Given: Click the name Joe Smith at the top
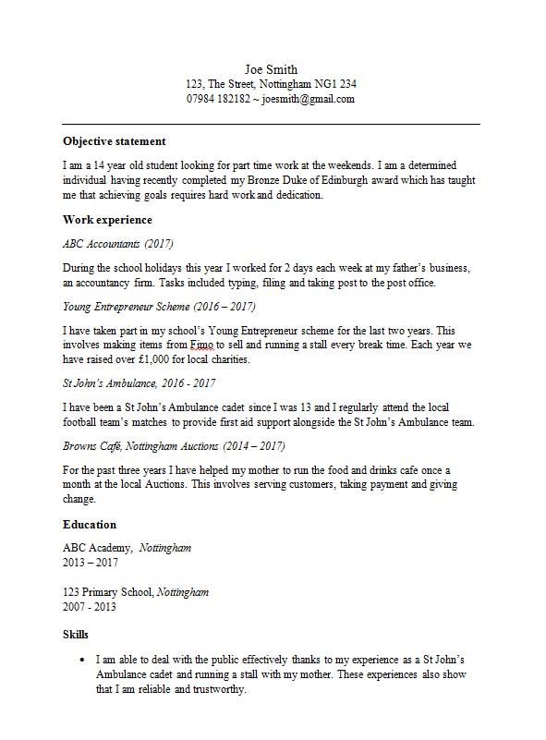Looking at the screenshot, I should [271, 69].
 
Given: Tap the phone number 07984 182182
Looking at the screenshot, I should [218, 99].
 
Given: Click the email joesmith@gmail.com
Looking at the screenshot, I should [309, 99].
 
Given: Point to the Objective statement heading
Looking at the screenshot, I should [114, 141].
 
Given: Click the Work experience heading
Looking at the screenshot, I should [107, 220].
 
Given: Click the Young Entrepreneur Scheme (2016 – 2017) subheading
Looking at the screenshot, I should [159, 306].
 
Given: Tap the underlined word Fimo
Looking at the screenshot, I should [201, 345].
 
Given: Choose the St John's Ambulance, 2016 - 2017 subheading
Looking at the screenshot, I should [140, 382].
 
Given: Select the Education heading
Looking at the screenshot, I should [90, 524].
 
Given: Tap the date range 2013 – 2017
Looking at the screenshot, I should [91, 562].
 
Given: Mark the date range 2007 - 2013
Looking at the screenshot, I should [90, 607].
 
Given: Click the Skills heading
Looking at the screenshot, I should [76, 635].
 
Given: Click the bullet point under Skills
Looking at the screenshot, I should [83, 661].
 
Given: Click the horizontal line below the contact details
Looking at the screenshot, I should [271, 124].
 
